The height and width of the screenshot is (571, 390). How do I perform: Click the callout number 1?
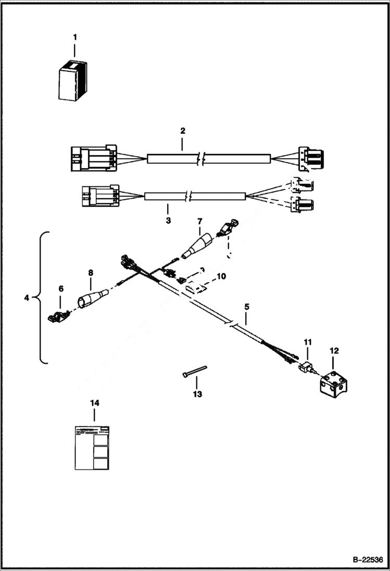click(x=74, y=37)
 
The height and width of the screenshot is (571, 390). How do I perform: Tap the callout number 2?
click(x=183, y=130)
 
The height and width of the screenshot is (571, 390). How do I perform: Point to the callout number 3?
click(x=168, y=221)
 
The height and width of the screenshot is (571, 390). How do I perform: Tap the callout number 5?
click(x=246, y=307)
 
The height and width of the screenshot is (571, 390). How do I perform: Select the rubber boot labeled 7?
click(x=196, y=246)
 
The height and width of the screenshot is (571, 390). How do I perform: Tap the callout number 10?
click(x=221, y=276)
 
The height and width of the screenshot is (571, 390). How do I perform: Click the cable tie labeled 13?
click(x=195, y=371)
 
